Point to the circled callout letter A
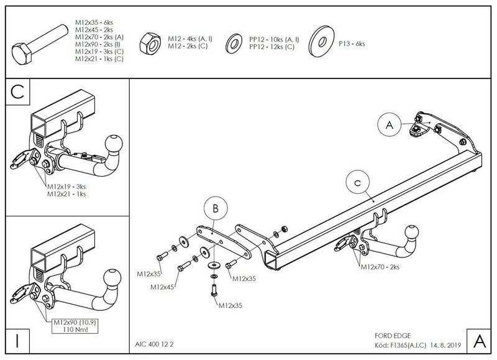click(390, 126)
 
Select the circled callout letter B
click(215, 210)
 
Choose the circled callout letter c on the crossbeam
click(357, 183)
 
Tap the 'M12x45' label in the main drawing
click(162, 288)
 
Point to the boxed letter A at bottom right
click(478, 341)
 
